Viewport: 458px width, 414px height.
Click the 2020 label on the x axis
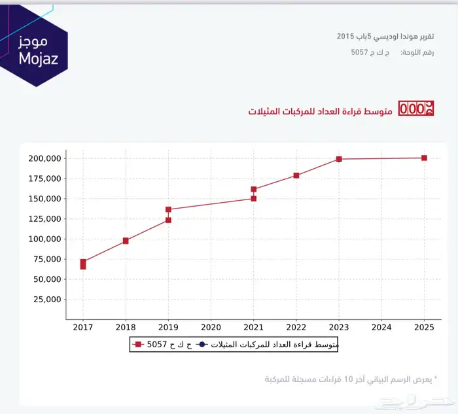point(211,326)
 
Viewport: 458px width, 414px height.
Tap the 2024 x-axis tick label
point(381,326)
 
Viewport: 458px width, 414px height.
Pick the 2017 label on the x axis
point(83,326)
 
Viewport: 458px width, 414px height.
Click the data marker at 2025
point(424,158)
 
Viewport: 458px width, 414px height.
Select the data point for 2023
point(339,159)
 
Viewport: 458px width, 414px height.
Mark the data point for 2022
point(296,175)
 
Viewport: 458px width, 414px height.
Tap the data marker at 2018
point(126,241)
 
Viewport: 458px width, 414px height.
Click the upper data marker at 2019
point(168,210)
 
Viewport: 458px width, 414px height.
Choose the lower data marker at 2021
point(254,198)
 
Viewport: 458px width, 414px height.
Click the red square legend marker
point(138,344)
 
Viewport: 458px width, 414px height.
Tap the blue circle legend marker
point(202,344)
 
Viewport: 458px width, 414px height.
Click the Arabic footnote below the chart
point(350,379)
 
